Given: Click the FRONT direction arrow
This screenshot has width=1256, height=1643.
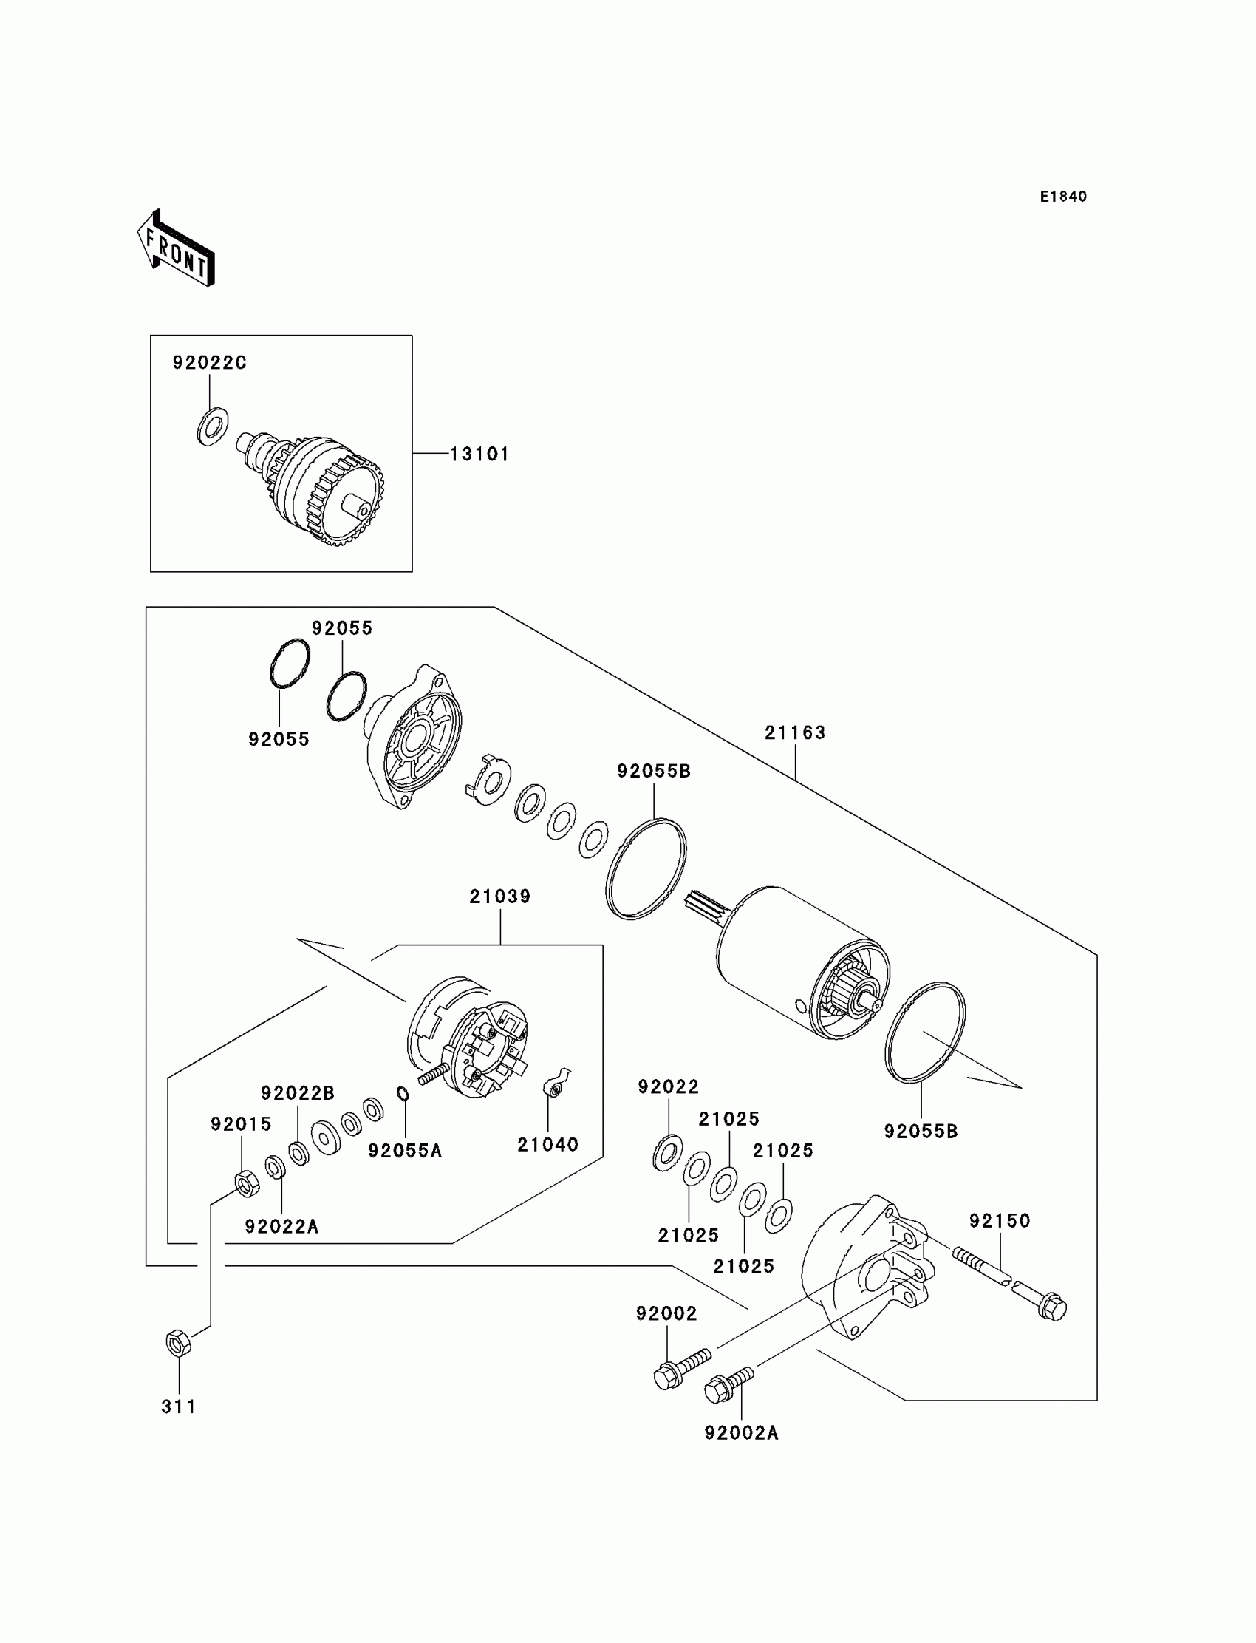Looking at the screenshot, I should coord(177,249).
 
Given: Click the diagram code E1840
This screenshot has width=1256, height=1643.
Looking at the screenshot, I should coord(1063,197).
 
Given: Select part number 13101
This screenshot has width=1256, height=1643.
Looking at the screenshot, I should coord(479,454).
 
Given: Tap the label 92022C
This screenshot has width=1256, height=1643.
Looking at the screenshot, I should coord(209,363).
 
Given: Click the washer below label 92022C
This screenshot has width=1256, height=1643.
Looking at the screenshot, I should coord(212,428).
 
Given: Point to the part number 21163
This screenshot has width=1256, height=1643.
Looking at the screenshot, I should coord(795,733).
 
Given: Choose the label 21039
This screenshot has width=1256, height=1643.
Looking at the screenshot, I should coord(500,897).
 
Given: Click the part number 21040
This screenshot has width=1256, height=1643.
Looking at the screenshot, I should coord(548,1145).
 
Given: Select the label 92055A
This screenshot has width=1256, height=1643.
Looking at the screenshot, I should coord(405,1151).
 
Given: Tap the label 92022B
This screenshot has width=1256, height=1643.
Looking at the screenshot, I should coord(298,1093).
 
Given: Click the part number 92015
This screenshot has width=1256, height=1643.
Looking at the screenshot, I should coord(241,1124).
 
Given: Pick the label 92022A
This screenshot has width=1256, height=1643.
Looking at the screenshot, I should coord(281,1226).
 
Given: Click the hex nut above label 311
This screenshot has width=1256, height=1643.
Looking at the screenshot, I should coord(178,1344).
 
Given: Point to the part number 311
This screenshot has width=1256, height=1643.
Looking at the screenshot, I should coord(179,1406).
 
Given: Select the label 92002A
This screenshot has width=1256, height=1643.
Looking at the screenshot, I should coord(742,1433).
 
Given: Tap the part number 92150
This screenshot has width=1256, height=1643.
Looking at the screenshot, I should coord(1000,1220).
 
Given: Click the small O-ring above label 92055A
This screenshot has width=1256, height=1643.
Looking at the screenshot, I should coord(403,1094).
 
